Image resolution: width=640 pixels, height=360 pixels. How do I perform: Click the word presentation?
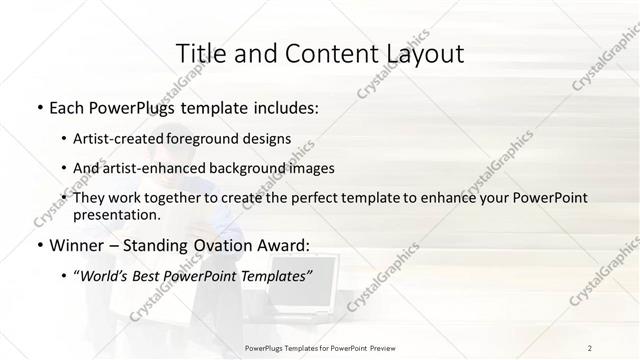[x=116, y=215]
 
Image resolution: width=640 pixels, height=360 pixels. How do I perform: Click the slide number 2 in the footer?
[x=590, y=347]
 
